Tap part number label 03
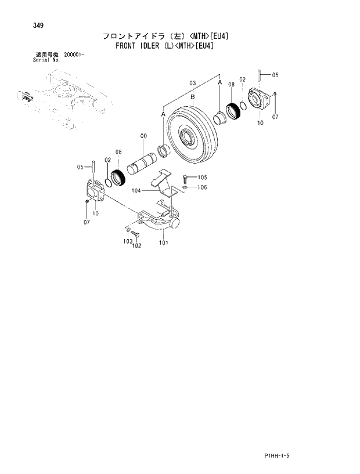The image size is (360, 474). coord(192,83)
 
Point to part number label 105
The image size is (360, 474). coord(202,178)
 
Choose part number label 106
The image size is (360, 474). coord(202,187)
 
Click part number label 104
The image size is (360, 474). coord(138,190)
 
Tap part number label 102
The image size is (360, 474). coord(137,245)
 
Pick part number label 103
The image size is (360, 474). coord(127,241)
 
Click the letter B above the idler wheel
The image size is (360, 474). coord(192,96)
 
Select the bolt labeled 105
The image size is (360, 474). coord(184,178)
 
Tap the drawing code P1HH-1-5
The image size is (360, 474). coord(304,457)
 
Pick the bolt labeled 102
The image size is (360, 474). coord(134,234)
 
